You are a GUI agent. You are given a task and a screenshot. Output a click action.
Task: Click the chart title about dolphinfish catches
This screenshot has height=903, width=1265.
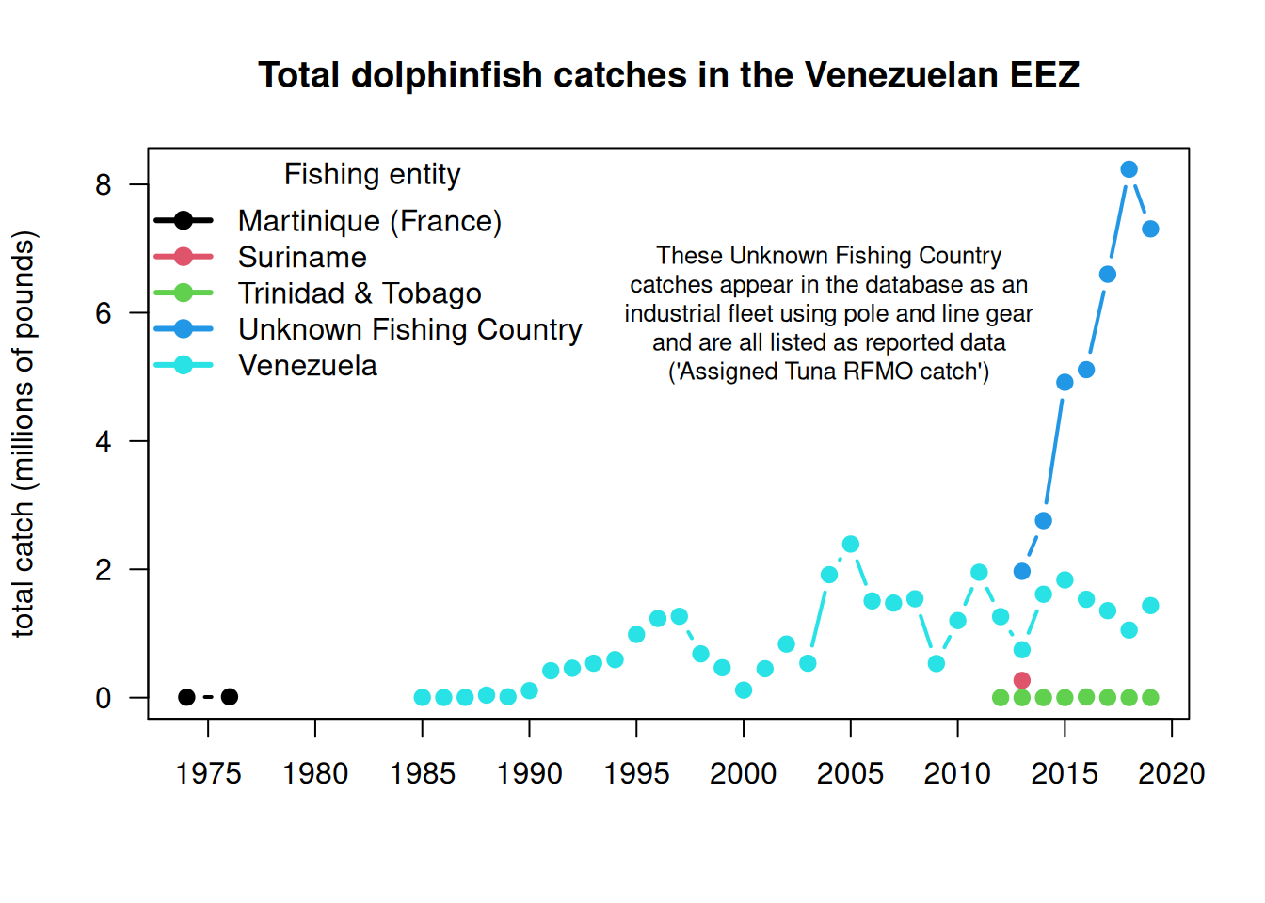pyautogui.click(x=668, y=75)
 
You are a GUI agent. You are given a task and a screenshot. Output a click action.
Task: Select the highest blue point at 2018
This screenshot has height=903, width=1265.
pyautogui.click(x=1129, y=169)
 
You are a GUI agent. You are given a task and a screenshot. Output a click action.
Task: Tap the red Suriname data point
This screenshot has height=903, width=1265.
pyautogui.click(x=1022, y=680)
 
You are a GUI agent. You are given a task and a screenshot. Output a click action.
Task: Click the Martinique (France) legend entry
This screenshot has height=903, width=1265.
pyautogui.click(x=369, y=221)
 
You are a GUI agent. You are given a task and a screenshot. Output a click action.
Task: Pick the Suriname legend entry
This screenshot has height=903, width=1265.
pyautogui.click(x=302, y=258)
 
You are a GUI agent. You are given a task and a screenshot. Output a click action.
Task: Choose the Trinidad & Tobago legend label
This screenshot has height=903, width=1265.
pyautogui.click(x=360, y=293)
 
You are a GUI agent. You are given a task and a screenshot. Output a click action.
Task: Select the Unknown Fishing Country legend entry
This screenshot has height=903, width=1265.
pyautogui.click(x=409, y=329)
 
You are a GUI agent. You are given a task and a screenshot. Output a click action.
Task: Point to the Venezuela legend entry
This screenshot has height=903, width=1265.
pyautogui.click(x=308, y=366)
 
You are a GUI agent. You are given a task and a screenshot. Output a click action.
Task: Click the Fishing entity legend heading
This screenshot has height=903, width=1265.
pyautogui.click(x=373, y=174)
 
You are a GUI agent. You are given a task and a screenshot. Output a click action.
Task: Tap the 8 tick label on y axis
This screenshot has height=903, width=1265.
pyautogui.click(x=104, y=185)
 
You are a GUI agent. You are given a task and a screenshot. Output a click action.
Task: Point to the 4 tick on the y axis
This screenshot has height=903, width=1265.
pyautogui.click(x=104, y=442)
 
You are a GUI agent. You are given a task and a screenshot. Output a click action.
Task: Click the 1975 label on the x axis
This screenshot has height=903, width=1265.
pyautogui.click(x=208, y=773)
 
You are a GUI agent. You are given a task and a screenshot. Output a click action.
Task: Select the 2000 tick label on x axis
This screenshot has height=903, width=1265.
pyautogui.click(x=744, y=773)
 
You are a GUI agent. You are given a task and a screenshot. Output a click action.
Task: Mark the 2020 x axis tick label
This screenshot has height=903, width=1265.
pyautogui.click(x=1171, y=773)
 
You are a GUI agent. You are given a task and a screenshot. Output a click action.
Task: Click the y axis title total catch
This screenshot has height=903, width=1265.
pyautogui.click(x=24, y=434)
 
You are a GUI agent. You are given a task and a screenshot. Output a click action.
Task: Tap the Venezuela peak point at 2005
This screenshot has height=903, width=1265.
pyautogui.click(x=851, y=544)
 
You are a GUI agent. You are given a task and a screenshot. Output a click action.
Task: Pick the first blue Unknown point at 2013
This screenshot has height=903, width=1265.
pyautogui.click(x=1022, y=571)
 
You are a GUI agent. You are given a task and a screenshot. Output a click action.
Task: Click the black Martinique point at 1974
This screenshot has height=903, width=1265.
pyautogui.click(x=186, y=697)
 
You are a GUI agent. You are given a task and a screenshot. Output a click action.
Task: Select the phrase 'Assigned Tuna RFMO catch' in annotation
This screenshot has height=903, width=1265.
pyautogui.click(x=828, y=372)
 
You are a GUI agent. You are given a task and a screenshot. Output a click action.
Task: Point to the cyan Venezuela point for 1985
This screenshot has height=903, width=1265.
pyautogui.click(x=423, y=697)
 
